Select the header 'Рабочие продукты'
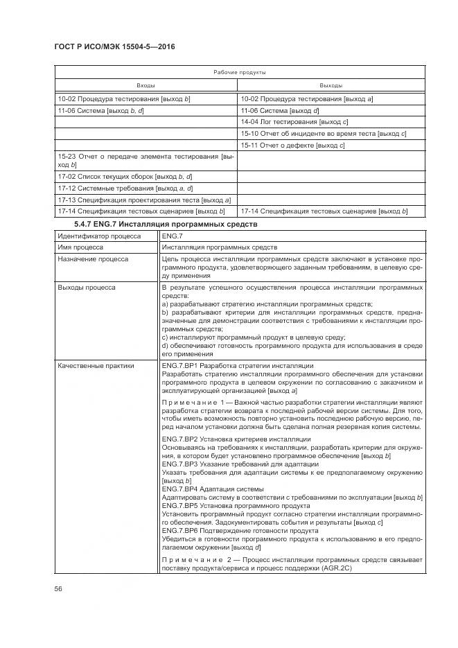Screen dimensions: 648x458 click(x=240, y=72)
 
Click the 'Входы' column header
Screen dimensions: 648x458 click(x=146, y=85)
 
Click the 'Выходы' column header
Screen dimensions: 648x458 click(x=332, y=85)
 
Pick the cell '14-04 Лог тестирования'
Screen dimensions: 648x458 click(x=285, y=121)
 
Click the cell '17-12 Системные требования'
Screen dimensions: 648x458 click(x=125, y=188)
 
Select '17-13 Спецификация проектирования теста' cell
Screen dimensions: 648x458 click(x=144, y=200)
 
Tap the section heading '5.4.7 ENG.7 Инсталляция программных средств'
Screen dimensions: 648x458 click(x=165, y=224)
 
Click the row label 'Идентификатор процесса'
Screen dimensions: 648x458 click(x=98, y=236)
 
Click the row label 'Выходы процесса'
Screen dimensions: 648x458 click(x=87, y=286)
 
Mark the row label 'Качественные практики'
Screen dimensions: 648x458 click(x=96, y=365)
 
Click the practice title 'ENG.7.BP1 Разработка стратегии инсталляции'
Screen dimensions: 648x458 click(x=237, y=365)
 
